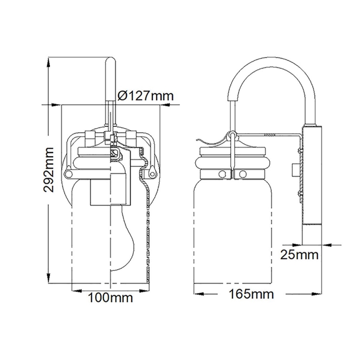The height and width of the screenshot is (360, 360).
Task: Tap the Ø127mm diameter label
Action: pos(145,96)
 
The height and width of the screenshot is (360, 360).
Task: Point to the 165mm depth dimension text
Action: pos(251,294)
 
